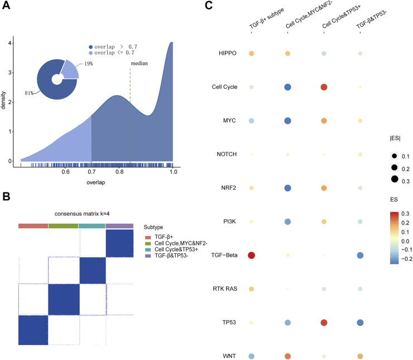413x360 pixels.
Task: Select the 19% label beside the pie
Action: (x=89, y=65)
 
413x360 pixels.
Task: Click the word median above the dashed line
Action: (x=139, y=64)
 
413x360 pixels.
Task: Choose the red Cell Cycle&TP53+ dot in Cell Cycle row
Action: (x=324, y=88)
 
